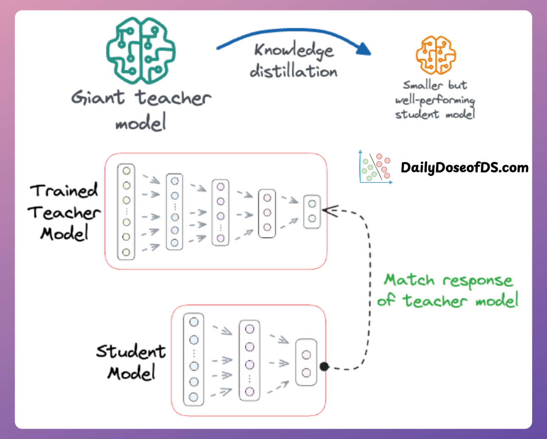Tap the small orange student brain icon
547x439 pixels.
click(x=436, y=55)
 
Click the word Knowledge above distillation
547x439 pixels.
click(x=294, y=50)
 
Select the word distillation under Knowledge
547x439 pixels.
click(x=293, y=71)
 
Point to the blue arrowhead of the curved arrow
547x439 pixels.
click(x=364, y=49)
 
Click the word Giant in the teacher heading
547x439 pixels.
click(x=98, y=98)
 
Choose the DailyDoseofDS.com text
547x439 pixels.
click(x=464, y=167)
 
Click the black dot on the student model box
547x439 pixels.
click(x=324, y=366)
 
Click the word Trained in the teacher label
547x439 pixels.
click(x=64, y=191)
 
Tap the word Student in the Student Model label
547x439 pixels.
click(x=131, y=351)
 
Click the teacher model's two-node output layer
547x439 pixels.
click(x=312, y=211)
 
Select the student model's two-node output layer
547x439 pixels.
click(x=306, y=363)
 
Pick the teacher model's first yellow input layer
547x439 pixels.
click(x=126, y=211)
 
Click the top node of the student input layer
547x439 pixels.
click(x=194, y=322)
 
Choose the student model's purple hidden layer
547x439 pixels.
click(x=249, y=361)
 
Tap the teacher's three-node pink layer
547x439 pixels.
click(x=267, y=213)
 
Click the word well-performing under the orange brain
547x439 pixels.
click(x=435, y=100)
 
